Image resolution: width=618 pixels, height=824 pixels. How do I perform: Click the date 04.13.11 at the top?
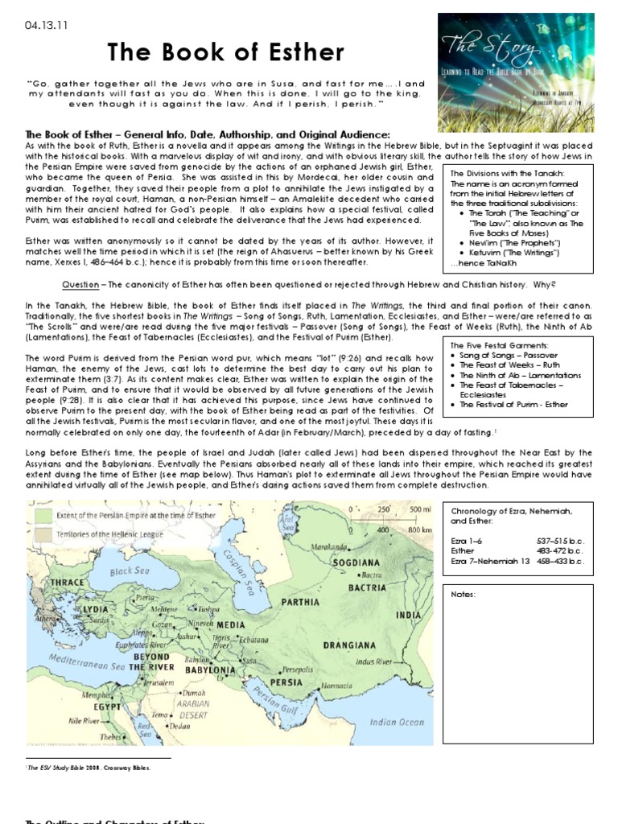tap(46, 24)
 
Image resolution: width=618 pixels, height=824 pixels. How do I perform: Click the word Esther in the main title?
tap(297, 54)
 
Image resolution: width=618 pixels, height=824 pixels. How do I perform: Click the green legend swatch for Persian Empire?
tap(43, 513)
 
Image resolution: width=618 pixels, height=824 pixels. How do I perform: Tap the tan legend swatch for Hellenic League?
tap(43, 534)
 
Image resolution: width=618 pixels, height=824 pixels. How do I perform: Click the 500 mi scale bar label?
tap(422, 509)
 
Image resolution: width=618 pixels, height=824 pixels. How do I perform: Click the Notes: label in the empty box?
tap(464, 594)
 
